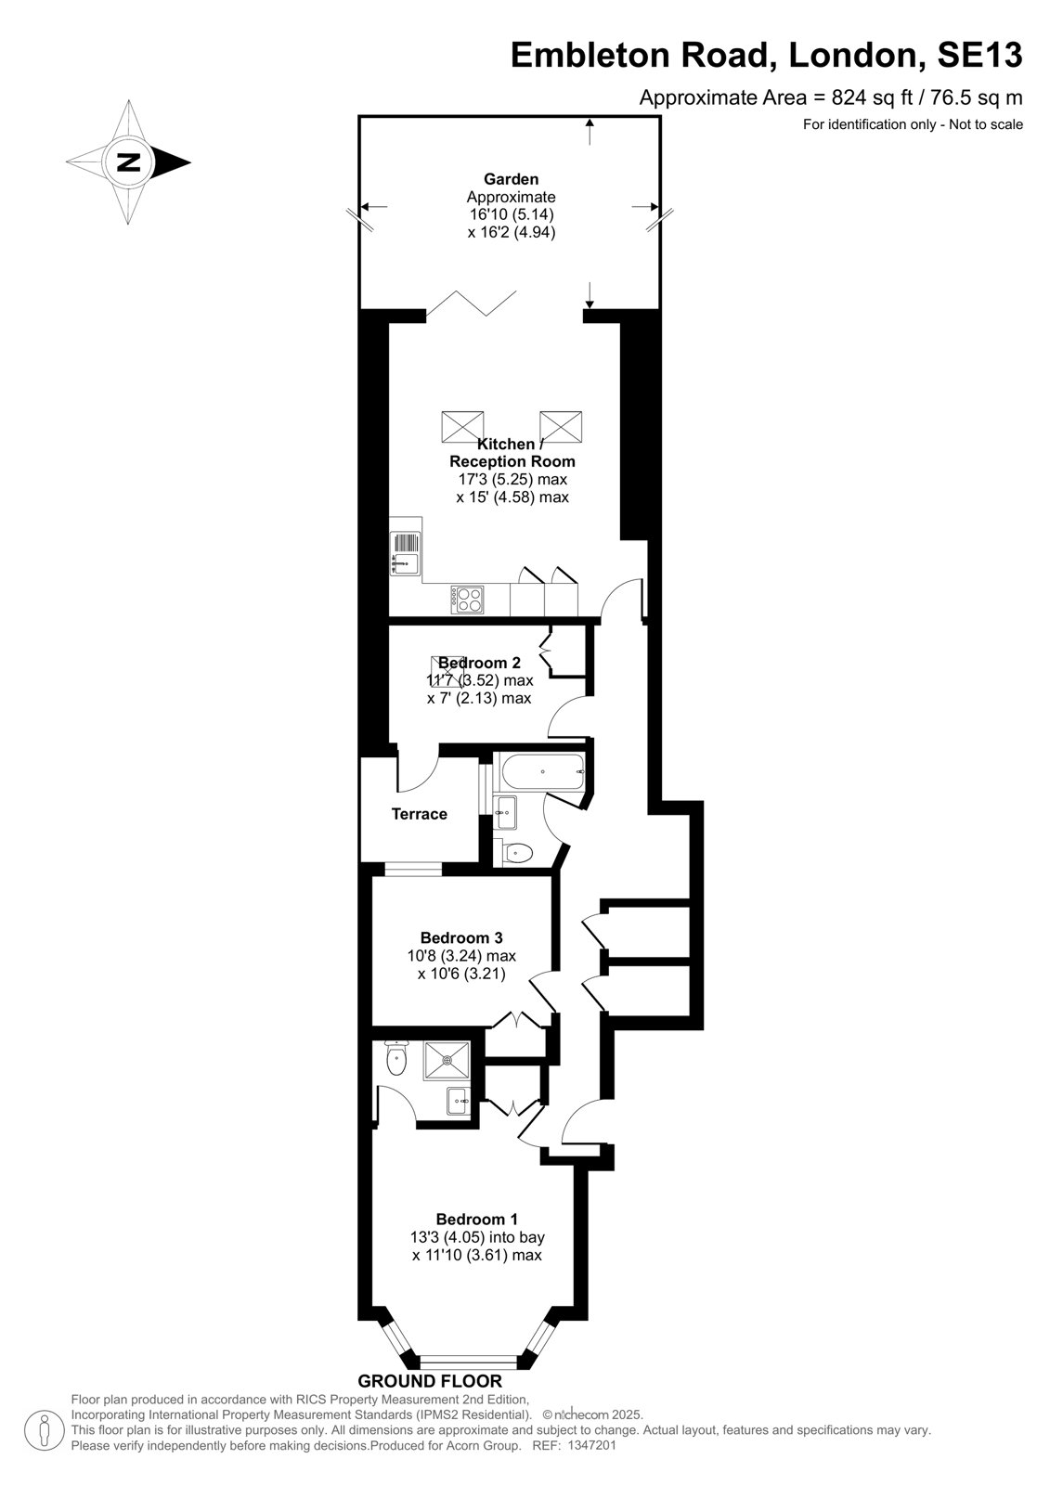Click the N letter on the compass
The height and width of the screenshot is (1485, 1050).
pos(129,161)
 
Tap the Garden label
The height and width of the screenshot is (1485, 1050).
pos(511,179)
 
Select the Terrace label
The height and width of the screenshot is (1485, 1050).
pos(420,814)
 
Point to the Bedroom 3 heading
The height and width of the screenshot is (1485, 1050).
pos(461,938)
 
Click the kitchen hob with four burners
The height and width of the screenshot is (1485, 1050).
pos(468,600)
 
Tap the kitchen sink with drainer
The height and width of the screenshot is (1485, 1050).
pos(406,553)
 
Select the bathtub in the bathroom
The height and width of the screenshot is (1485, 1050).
pos(543,772)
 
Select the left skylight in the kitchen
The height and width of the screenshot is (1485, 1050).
pos(462,427)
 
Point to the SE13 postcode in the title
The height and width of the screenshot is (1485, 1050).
pos(979,55)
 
